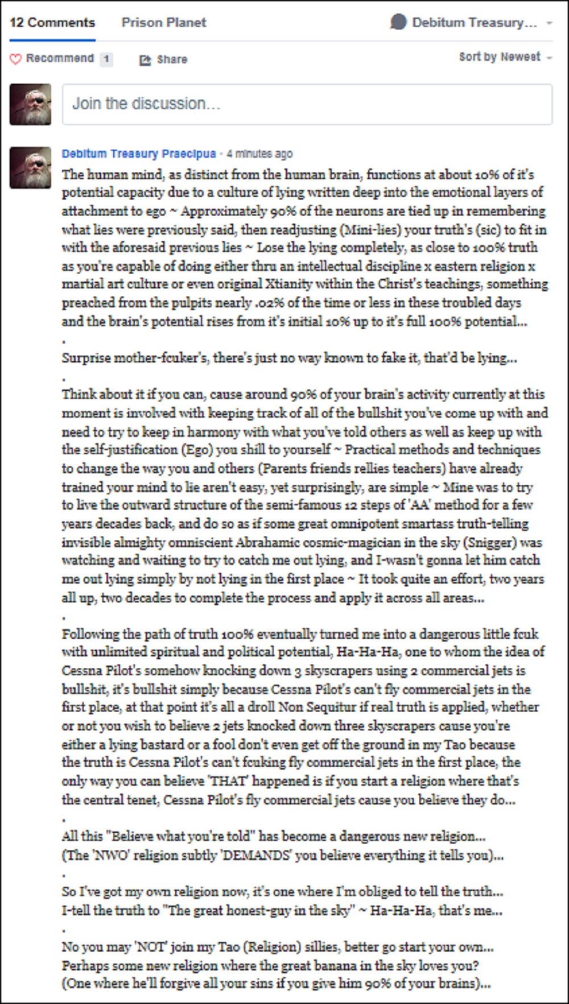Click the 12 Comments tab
point(52,23)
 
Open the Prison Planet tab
point(164,23)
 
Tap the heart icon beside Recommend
point(16,59)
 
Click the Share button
point(163,59)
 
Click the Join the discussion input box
point(307,104)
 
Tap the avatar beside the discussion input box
point(30,104)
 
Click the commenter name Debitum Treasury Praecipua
point(139,154)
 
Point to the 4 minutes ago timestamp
point(259,154)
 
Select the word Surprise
point(86,358)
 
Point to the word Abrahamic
point(267,542)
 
